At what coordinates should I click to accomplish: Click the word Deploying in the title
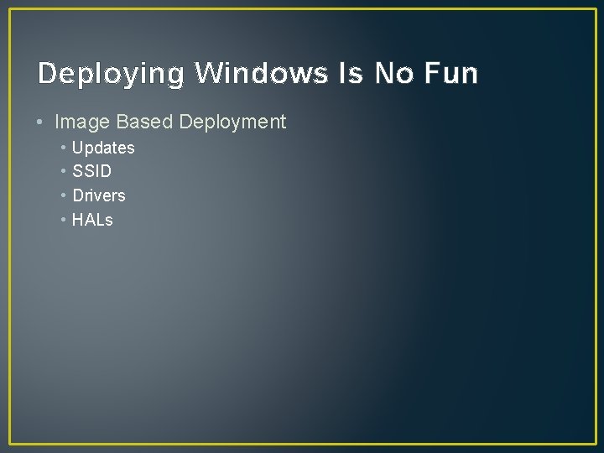[110, 75]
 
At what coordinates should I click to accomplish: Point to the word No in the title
[393, 74]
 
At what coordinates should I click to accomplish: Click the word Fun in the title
[451, 74]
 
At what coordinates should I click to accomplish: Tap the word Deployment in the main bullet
[232, 122]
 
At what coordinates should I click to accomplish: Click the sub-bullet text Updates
[103, 148]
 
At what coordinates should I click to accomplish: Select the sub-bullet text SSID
[92, 171]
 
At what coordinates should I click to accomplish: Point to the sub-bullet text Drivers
[99, 195]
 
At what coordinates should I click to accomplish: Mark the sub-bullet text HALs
[92, 220]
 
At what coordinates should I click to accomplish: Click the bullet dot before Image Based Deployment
[41, 122]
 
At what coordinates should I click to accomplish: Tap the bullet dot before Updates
[64, 148]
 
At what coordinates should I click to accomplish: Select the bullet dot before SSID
[64, 171]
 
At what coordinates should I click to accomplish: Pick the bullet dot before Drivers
[64, 195]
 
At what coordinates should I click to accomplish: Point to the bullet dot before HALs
[64, 220]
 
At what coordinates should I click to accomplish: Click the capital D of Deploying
[47, 74]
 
